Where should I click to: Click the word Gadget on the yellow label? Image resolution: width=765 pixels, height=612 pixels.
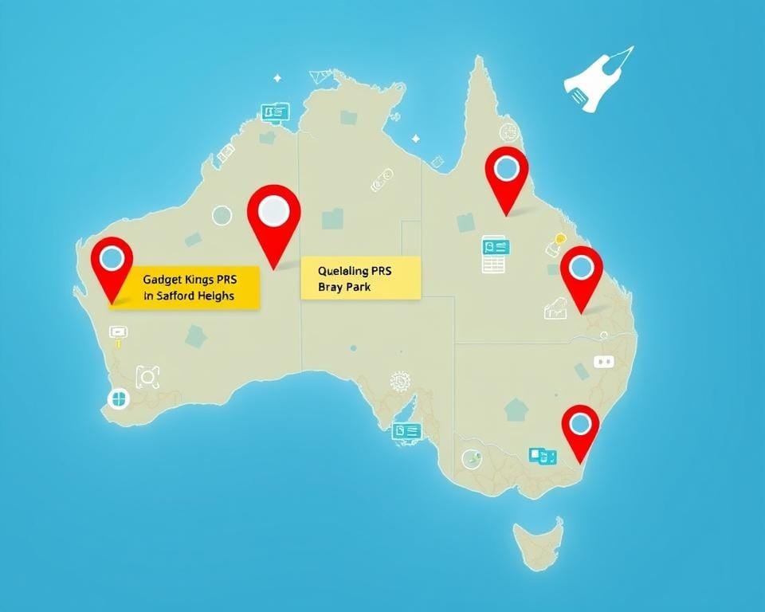point(163,280)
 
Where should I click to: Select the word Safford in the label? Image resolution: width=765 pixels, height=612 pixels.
point(179,296)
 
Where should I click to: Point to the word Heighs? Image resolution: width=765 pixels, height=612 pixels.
point(219,296)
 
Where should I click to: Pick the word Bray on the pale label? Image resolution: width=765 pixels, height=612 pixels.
point(329,287)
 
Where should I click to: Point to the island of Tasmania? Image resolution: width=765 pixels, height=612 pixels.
point(539,541)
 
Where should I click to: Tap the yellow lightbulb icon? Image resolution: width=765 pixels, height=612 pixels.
point(560,238)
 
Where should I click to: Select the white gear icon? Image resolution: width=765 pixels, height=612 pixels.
point(398,382)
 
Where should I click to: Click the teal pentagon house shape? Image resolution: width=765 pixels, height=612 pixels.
point(516,410)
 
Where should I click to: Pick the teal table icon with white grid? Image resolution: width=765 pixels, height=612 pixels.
point(494,254)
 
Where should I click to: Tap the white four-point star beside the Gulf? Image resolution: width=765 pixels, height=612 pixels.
point(415,139)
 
